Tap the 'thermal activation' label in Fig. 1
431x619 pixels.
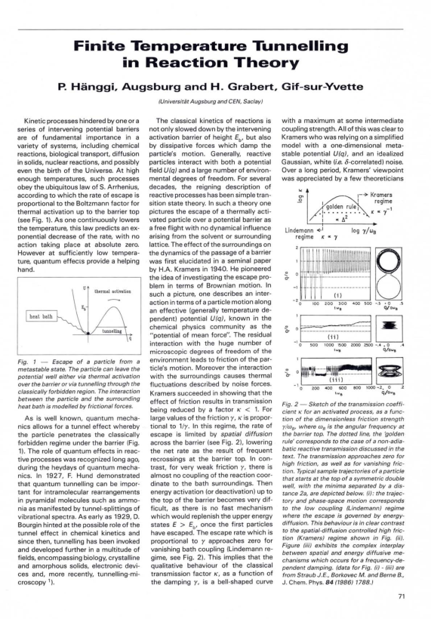pyautogui.click(x=110, y=291)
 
